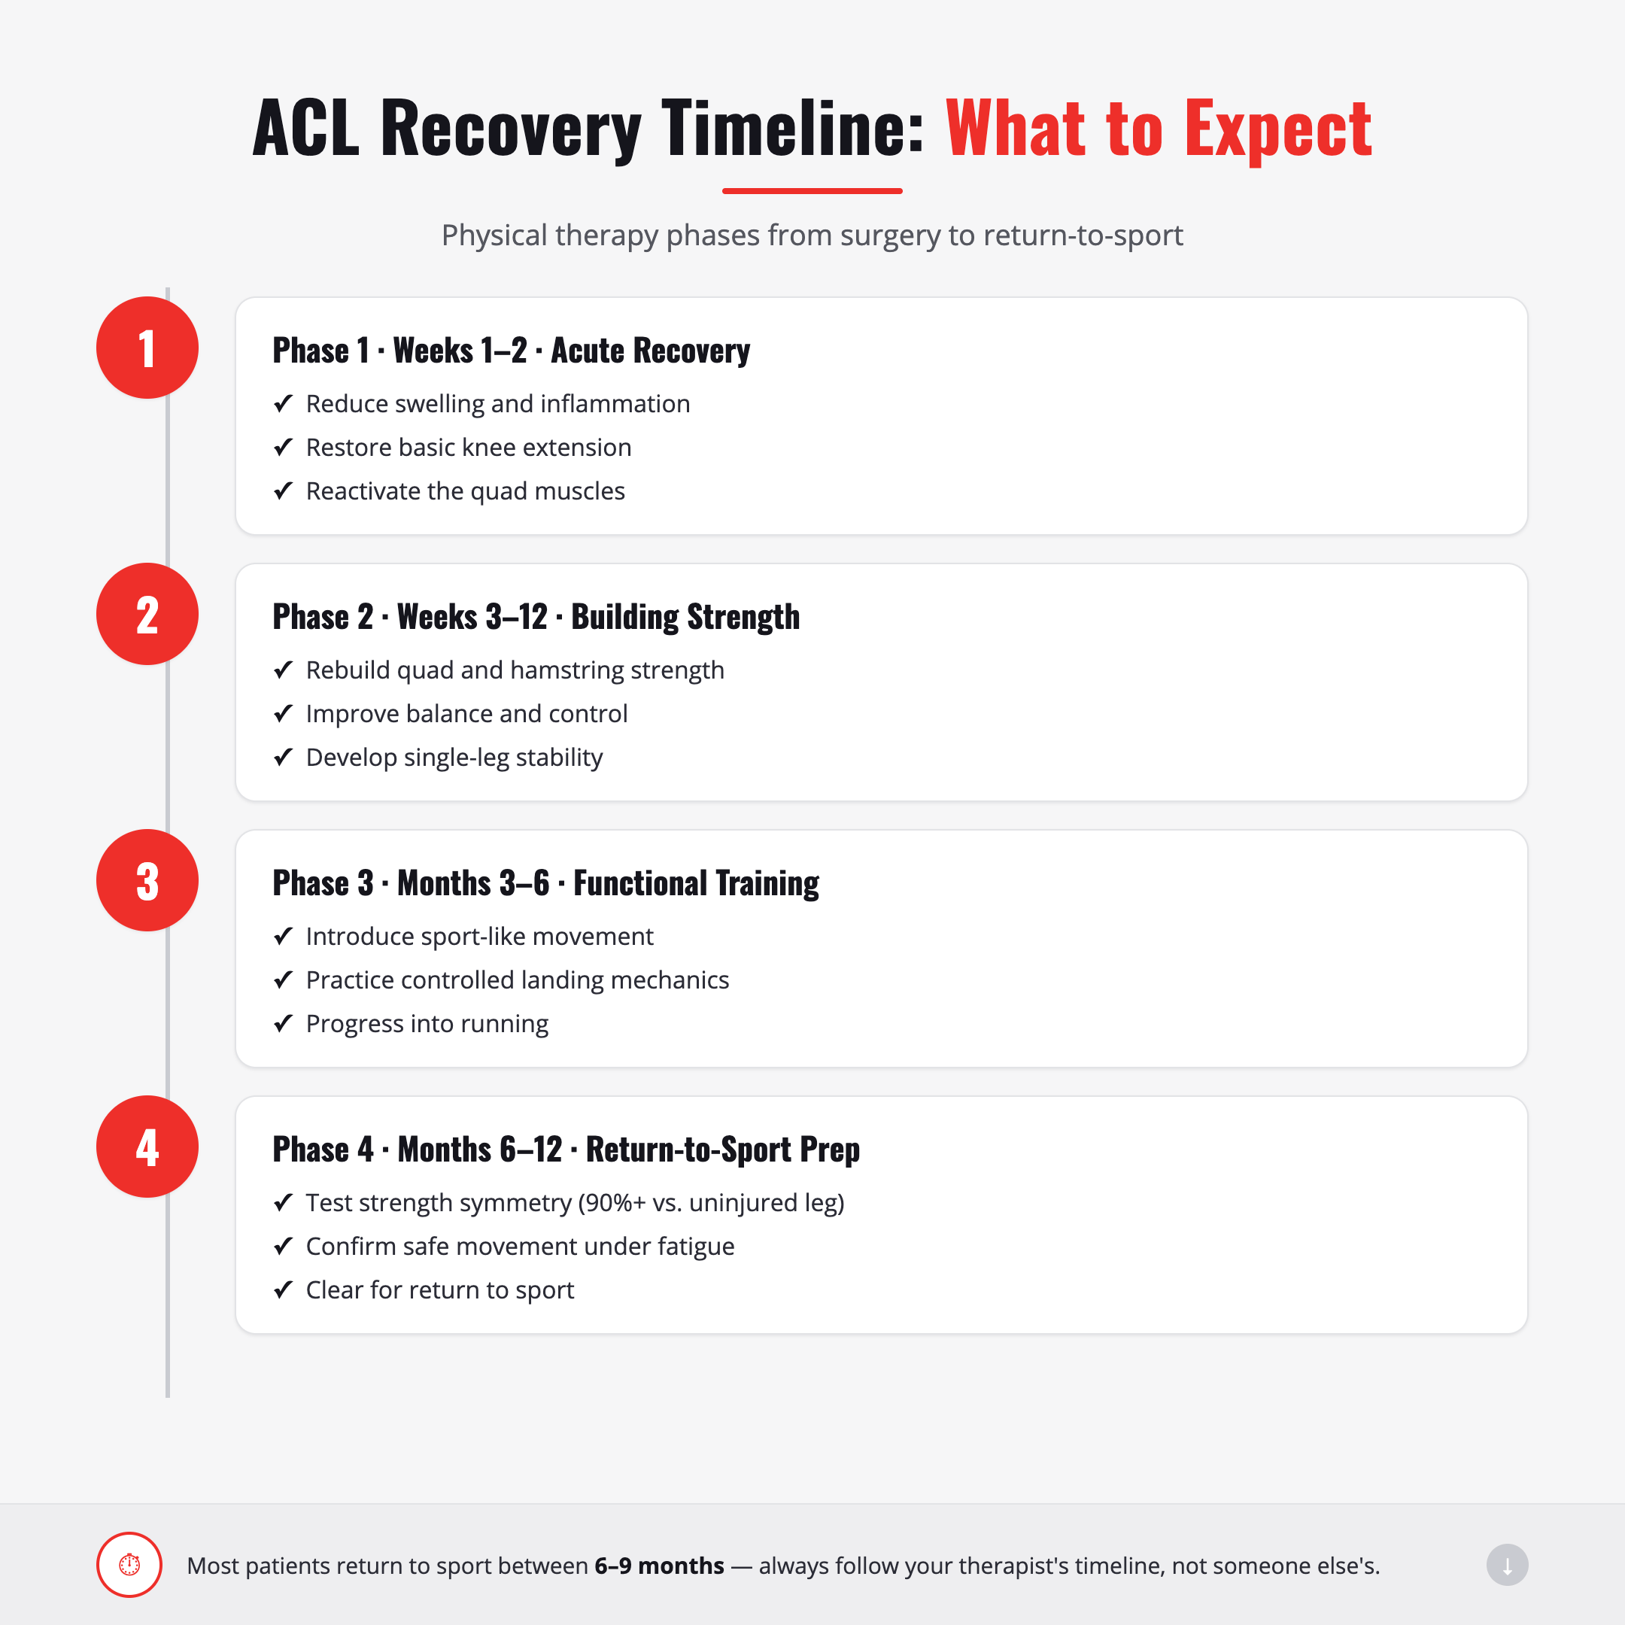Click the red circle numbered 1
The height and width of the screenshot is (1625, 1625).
tap(147, 348)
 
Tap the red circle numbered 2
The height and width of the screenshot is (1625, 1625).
tap(147, 614)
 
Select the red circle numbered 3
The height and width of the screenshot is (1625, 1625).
tap(147, 879)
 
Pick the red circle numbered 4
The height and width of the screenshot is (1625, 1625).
tap(147, 1147)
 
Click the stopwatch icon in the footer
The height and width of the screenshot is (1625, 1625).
tap(129, 1565)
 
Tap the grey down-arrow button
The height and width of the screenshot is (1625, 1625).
tap(1507, 1565)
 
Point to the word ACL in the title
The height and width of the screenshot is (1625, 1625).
tap(305, 128)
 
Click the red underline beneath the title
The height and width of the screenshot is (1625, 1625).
tap(812, 191)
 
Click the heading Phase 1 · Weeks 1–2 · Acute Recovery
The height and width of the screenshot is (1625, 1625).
tap(512, 351)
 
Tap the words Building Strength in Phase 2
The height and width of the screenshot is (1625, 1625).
tap(685, 618)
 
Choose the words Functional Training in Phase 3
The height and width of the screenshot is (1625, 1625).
tap(697, 883)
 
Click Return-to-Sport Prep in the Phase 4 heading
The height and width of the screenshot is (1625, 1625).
tap(723, 1150)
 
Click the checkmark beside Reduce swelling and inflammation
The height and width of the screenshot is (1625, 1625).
tap(284, 404)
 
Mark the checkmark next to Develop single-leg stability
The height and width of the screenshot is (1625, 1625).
tap(284, 757)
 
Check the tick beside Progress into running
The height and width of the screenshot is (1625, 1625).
tap(284, 1024)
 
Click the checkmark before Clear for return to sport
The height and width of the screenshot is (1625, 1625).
tap(284, 1289)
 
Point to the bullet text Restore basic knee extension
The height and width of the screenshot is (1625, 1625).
tap(469, 448)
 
